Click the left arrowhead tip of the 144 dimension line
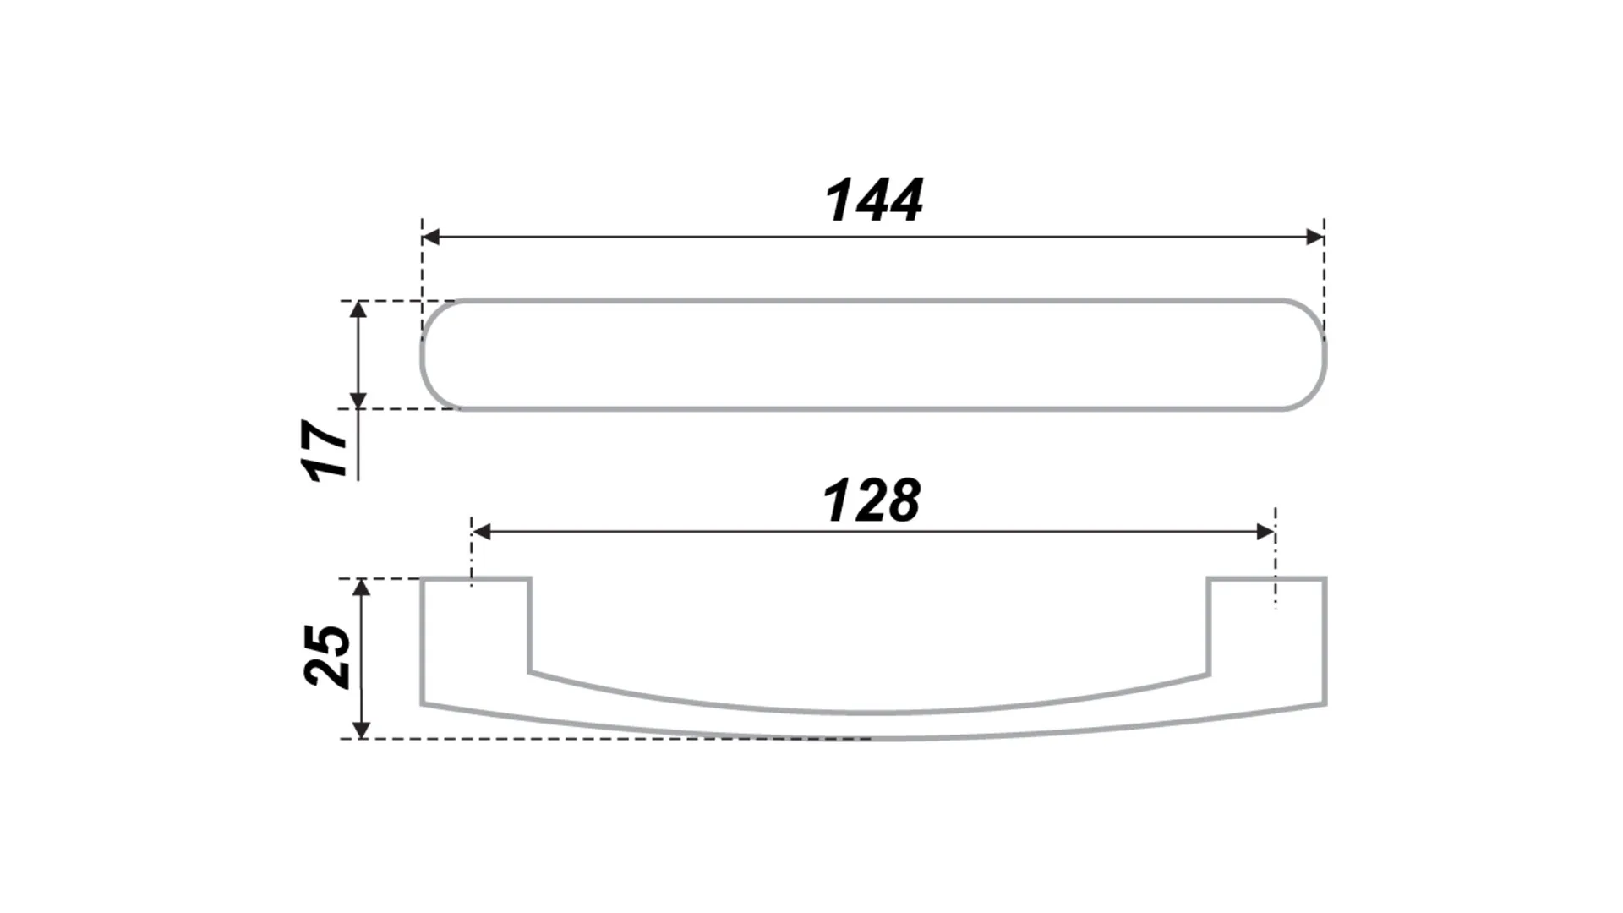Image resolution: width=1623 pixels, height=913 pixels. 422,237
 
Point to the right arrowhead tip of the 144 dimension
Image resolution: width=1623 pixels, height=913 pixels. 1324,237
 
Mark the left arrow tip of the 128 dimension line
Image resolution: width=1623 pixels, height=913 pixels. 473,532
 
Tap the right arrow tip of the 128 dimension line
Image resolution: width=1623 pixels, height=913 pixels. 1275,532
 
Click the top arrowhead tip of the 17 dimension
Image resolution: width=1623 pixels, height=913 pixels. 358,302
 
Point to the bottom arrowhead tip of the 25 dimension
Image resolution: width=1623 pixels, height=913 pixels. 361,738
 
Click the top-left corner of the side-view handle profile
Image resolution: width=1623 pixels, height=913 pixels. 422,579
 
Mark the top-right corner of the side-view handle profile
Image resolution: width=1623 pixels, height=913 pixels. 1325,579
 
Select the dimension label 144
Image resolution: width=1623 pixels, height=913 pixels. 874,201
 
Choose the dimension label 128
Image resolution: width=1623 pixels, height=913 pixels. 872,500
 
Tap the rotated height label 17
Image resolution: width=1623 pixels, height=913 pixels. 326,450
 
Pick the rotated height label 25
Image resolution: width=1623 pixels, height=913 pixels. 327,656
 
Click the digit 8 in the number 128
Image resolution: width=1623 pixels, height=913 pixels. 902,500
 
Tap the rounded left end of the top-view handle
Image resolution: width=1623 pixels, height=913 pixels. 440,355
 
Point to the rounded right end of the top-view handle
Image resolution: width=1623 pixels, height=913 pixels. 1307,355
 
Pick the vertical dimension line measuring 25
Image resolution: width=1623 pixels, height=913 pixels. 361,659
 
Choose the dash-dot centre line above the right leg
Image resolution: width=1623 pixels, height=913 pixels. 1275,558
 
